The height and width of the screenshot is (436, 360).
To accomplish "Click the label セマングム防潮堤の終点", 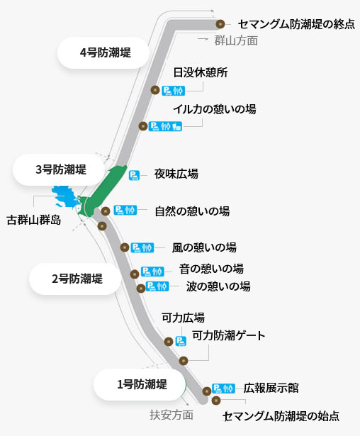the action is pos(296,25).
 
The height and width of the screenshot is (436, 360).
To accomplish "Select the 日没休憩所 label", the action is pos(201,72).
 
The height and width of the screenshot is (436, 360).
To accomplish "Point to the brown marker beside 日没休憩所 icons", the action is pos(155,90).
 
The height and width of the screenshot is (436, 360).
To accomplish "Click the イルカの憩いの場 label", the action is pos(215,109).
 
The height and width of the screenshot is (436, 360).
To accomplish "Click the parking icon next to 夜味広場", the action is pos(134,175).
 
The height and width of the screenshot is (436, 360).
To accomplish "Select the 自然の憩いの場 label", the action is pos(192,211).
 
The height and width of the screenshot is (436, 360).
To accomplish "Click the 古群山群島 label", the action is pos(34,220).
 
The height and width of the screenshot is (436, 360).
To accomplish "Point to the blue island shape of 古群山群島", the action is pos(63,197).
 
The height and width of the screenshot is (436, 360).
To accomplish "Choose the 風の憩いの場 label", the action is pos(204,247).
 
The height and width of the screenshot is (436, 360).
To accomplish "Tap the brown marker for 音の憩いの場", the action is pos(135,274).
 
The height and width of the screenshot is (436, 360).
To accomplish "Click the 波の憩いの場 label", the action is pos(218,286).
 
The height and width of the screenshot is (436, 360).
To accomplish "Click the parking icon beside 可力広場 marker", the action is pos(181,341).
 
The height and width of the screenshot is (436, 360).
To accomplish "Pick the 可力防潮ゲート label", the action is pos(228,335).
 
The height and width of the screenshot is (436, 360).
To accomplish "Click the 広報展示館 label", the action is pos(271,389).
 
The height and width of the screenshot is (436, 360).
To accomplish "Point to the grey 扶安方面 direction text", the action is pos(171,415).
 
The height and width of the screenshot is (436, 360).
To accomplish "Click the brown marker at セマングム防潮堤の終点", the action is pos(220,25).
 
